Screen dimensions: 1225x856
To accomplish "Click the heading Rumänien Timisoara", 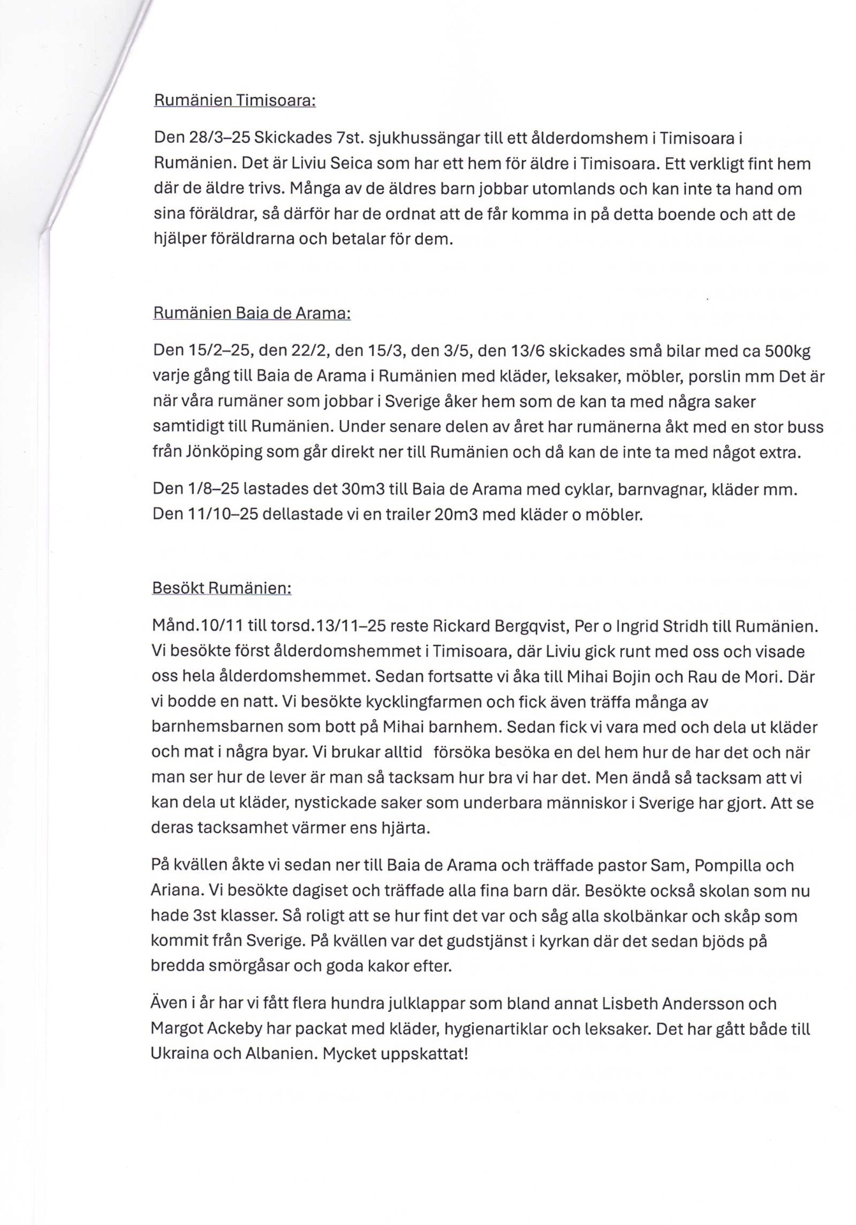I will coord(235,101).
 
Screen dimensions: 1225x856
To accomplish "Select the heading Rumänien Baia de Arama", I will coord(251,314).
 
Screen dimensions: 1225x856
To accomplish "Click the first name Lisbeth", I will coord(629,1004).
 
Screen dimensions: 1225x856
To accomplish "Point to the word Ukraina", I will coord(179,1054).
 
